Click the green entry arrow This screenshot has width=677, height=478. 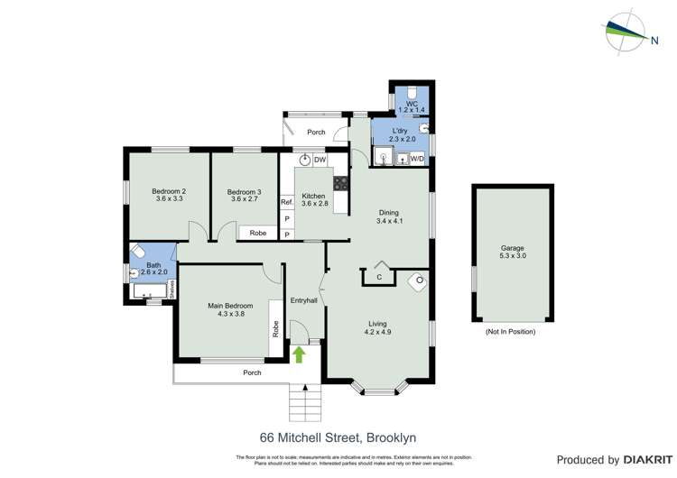(x=299, y=354)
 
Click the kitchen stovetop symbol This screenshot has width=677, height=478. (x=341, y=182)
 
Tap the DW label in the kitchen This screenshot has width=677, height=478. (x=320, y=160)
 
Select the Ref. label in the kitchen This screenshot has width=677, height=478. (x=286, y=203)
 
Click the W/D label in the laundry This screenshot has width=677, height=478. (x=417, y=159)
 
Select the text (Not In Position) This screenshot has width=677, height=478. (x=510, y=332)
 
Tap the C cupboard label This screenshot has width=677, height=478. (x=379, y=276)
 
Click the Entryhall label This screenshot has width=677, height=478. (x=304, y=299)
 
